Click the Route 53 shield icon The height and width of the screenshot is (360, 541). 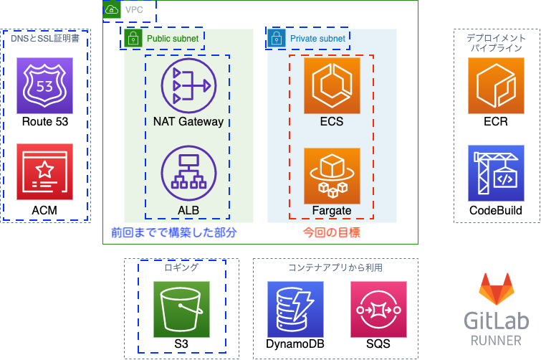pos(45,85)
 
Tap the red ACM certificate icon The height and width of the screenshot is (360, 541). pos(45,171)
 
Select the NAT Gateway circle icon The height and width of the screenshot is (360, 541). pos(188,85)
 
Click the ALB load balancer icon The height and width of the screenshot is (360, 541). pos(188,174)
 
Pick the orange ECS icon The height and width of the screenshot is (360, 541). pos(332,85)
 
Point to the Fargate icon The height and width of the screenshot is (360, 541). pos(332,176)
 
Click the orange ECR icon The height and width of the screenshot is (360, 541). pos(496,85)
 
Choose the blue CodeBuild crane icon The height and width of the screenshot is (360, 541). pos(496,174)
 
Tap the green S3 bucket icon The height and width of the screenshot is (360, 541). pos(181,309)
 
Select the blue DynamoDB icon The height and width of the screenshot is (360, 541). pos(295,309)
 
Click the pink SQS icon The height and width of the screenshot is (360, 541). pos(378,309)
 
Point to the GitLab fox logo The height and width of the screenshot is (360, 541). pos(497,289)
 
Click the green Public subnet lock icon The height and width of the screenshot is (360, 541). pos(133,38)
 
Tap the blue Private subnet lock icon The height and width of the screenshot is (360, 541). pos(277,38)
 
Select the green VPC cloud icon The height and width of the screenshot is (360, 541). pos(112,9)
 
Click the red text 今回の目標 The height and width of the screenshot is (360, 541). pos(332,232)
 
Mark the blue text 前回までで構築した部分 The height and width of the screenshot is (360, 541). pos(174,232)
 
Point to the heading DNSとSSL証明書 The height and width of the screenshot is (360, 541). pos(45,38)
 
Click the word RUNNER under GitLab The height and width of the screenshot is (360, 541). pos(496,341)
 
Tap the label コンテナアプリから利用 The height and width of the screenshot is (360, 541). pos(335,267)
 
